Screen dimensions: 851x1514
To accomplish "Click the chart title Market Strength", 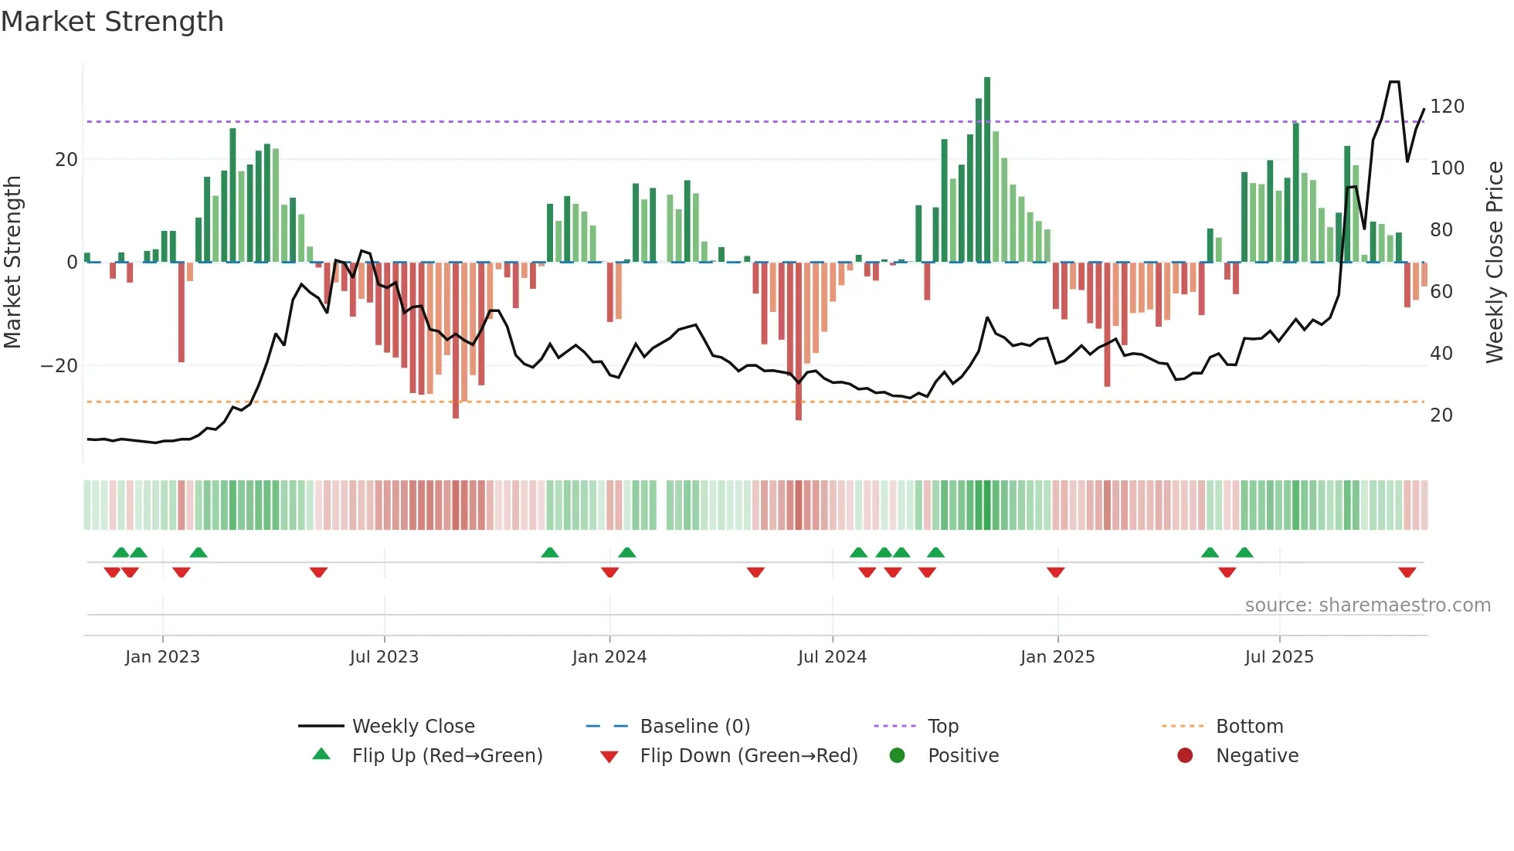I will click(112, 22).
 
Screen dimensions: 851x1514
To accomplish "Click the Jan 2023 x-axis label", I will click(162, 657).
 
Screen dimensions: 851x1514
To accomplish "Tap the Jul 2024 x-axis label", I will click(832, 657).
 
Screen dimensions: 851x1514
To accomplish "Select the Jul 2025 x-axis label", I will click(1279, 657).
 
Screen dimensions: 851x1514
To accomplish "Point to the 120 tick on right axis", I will click(1447, 107).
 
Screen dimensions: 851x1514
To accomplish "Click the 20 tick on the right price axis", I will click(1441, 415).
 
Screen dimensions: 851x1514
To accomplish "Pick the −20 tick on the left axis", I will click(59, 366).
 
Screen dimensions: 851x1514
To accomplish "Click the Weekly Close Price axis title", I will click(1495, 263).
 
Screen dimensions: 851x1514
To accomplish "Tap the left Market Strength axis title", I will click(12, 263).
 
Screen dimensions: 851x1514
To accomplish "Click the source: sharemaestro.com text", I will click(1367, 605).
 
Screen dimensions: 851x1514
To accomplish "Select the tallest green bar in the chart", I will click(987, 170).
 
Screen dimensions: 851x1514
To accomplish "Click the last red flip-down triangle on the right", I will click(1407, 572).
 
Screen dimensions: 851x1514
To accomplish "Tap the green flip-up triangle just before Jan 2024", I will click(550, 553).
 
